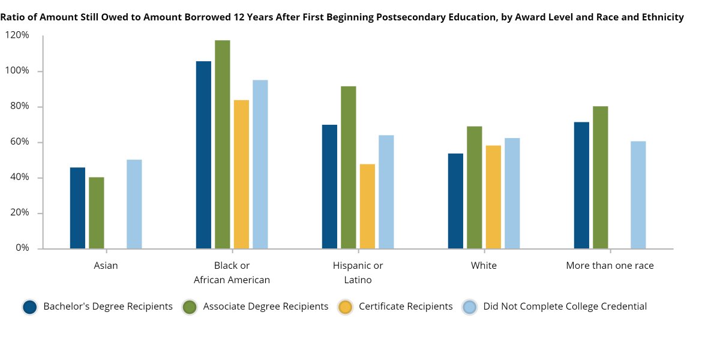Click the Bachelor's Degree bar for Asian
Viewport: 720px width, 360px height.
77,208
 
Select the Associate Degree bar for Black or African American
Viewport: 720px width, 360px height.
223,145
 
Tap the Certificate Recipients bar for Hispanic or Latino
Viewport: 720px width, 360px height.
367,206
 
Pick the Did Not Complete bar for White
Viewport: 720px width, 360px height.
512,193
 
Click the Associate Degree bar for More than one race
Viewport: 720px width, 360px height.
601,178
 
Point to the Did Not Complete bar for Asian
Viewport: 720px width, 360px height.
134,204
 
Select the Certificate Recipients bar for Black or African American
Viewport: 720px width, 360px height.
241,175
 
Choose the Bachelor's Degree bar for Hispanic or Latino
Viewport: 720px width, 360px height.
329,187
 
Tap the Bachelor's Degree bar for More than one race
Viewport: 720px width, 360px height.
581,185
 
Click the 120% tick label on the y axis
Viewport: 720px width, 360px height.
17,35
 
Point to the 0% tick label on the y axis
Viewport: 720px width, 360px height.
22,248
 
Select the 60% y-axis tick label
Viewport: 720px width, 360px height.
19,142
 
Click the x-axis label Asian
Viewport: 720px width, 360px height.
106,265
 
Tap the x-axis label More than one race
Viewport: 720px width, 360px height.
610,265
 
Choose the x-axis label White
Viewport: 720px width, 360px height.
484,265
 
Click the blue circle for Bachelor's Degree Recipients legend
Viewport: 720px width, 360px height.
31,307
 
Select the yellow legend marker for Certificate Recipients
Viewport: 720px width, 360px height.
346,307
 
